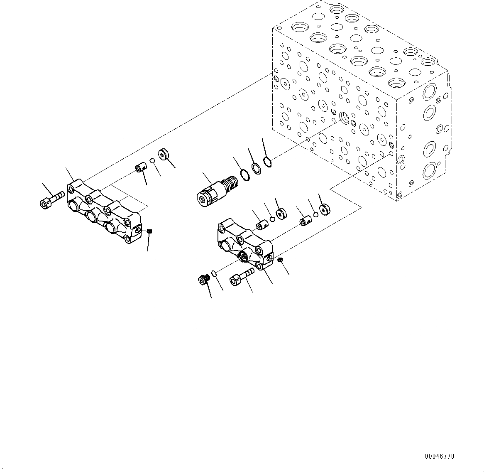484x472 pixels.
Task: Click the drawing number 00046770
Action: point(440,456)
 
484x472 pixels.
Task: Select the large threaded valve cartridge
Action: point(217,191)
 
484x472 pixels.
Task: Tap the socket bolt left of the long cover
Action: point(52,199)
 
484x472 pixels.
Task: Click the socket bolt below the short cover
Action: point(242,277)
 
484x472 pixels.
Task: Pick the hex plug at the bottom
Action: point(203,280)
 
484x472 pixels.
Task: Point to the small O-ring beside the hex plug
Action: point(214,273)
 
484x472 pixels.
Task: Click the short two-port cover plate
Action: point(245,243)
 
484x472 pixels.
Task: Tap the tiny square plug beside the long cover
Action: point(150,231)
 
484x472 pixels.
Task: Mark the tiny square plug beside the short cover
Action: point(280,260)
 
